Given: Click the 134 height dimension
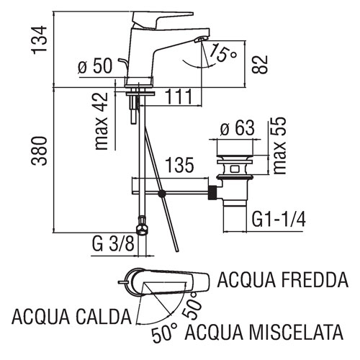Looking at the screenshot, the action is [x=39, y=40].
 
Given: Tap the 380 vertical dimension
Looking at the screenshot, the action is [x=39, y=150].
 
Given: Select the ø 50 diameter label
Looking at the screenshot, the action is [x=95, y=66].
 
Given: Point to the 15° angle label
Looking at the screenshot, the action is [x=222, y=54].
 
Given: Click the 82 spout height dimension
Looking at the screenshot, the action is [x=260, y=64].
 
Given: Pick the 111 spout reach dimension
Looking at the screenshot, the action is [x=179, y=96].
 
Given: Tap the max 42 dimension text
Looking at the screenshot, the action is [x=102, y=121].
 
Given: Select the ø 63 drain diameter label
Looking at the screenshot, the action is [x=238, y=128].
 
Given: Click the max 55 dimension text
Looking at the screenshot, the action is [x=279, y=145].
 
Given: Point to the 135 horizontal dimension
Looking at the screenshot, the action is [x=179, y=165].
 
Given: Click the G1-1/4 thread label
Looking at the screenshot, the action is [x=279, y=220].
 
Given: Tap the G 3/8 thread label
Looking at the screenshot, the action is [x=113, y=244].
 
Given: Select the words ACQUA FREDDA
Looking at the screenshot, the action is [x=282, y=280].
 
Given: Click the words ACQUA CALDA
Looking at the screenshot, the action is [x=71, y=317].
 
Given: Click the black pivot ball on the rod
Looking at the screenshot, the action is [x=162, y=194].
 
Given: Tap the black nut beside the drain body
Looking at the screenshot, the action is [x=212, y=192].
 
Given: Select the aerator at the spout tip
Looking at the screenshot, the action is [x=201, y=39].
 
